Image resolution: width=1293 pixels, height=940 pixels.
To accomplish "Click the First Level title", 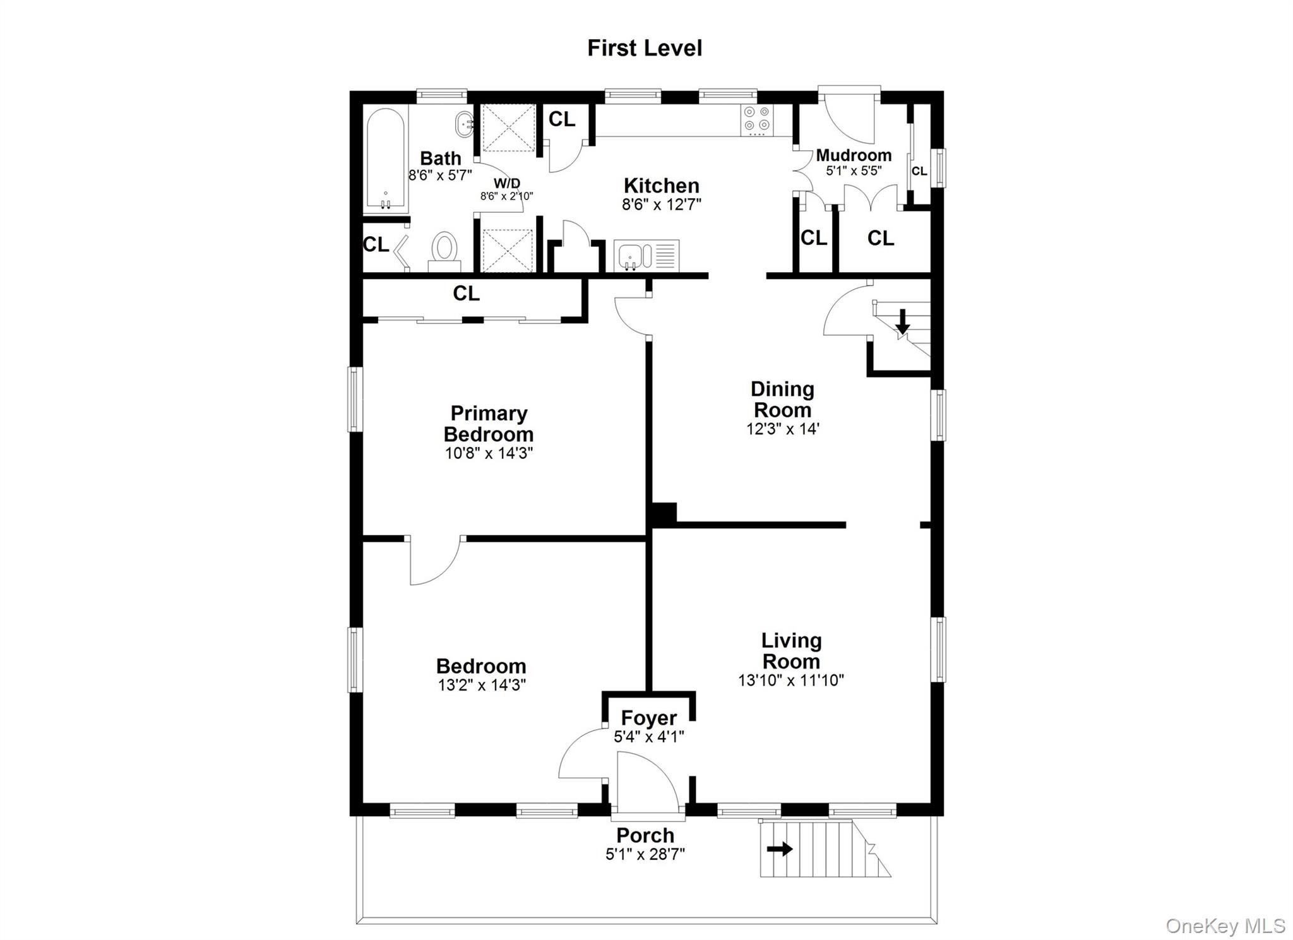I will (644, 48).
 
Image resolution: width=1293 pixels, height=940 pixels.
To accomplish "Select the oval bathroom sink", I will (465, 125).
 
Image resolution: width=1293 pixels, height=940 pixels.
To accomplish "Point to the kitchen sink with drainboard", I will (646, 256).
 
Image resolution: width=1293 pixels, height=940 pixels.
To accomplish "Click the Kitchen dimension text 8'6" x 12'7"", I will (662, 205).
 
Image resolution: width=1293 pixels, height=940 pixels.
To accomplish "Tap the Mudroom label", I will (854, 155).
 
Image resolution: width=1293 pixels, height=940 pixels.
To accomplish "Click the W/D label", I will (507, 183).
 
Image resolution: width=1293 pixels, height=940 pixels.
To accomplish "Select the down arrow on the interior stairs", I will (903, 321).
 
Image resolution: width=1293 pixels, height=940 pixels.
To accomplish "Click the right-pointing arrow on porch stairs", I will (780, 849).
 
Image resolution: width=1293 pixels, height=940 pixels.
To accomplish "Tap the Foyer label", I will (648, 718).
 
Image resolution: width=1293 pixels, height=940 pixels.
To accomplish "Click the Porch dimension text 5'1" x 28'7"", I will (645, 854).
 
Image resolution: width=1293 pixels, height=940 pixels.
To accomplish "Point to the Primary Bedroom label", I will (489, 424).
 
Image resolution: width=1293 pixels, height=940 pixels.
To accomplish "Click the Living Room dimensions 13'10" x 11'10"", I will (791, 680).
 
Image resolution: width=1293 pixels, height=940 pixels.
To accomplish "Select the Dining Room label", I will (782, 399).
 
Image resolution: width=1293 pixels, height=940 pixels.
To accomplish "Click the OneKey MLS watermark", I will (1225, 925).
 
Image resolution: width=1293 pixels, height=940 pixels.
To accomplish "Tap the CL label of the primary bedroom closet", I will (466, 294).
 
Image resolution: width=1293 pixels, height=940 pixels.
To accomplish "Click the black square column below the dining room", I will (664, 514).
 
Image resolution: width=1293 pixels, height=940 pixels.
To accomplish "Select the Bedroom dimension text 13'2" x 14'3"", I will (482, 685).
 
